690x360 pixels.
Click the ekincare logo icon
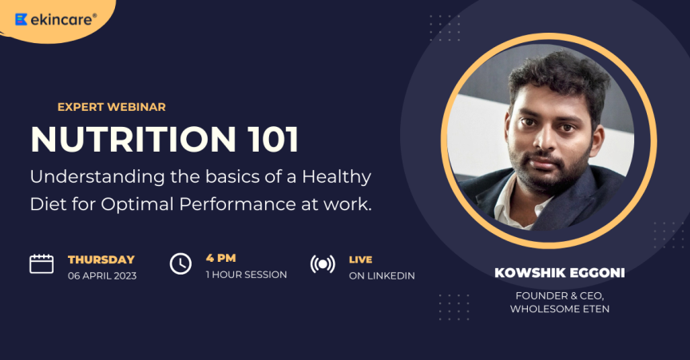22,19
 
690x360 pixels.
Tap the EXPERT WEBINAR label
111,106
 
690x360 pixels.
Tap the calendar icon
42,264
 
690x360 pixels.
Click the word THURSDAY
101,259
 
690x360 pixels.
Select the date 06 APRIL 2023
101,276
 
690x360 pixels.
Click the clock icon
181,264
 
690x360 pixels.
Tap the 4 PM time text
221,258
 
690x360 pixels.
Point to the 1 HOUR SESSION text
246,275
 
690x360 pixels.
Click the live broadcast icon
322,264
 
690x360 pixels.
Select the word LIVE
361,259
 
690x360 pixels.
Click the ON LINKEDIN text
382,276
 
